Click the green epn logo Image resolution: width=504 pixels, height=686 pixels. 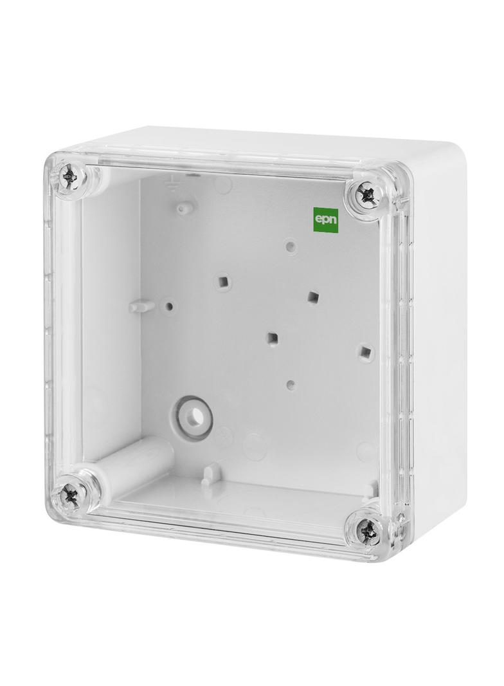[x=326, y=219]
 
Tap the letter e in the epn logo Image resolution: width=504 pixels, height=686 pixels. [x=319, y=219]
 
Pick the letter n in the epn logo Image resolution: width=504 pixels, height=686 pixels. [x=332, y=219]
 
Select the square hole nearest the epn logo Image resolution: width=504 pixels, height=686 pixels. [x=312, y=297]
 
